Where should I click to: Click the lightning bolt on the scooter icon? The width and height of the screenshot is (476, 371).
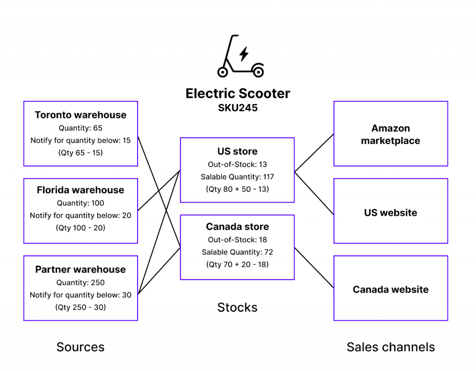[x=244, y=54]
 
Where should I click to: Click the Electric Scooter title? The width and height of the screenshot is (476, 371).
[x=238, y=93]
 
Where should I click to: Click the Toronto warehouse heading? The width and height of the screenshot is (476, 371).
[x=80, y=115]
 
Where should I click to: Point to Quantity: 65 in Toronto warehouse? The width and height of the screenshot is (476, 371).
[x=80, y=128]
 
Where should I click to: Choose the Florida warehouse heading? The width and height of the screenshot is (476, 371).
[x=80, y=190]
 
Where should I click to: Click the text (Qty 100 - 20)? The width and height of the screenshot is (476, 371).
[x=80, y=228]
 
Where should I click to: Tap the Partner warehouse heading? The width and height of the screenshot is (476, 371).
[x=80, y=269]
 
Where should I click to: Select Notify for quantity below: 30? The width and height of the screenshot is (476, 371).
[x=80, y=295]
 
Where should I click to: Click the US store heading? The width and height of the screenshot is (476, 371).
[x=237, y=151]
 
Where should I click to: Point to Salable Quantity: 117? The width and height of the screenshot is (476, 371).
[x=237, y=176]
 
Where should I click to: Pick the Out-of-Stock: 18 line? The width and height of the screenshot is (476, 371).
[x=237, y=240]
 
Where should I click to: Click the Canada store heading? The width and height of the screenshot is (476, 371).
[x=237, y=227]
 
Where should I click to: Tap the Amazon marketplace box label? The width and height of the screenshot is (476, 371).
[x=390, y=134]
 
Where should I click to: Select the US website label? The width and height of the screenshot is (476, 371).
[x=390, y=213]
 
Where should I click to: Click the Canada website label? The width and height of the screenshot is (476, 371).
[x=390, y=289]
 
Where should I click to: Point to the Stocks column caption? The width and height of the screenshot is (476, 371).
[x=237, y=307]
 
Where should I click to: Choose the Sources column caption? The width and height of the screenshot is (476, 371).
[x=80, y=347]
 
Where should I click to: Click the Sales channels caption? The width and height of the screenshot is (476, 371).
[x=390, y=347]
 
